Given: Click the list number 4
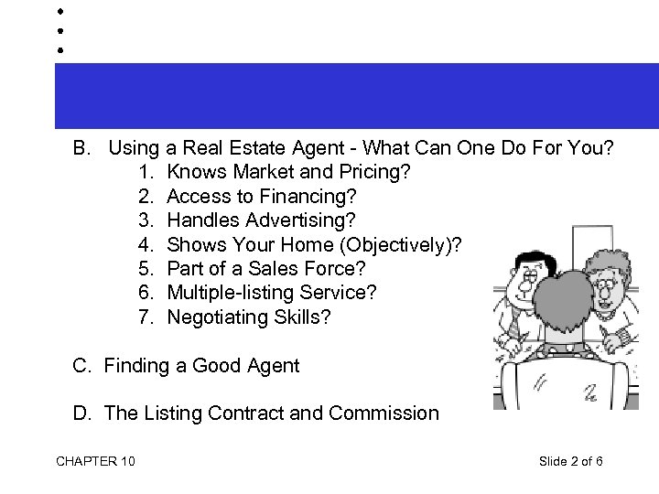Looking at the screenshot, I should coord(148,244).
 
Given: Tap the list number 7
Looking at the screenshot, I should coord(148,317).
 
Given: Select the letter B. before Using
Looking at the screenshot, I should coord(82,147).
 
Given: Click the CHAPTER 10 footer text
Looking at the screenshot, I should coord(95,460).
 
